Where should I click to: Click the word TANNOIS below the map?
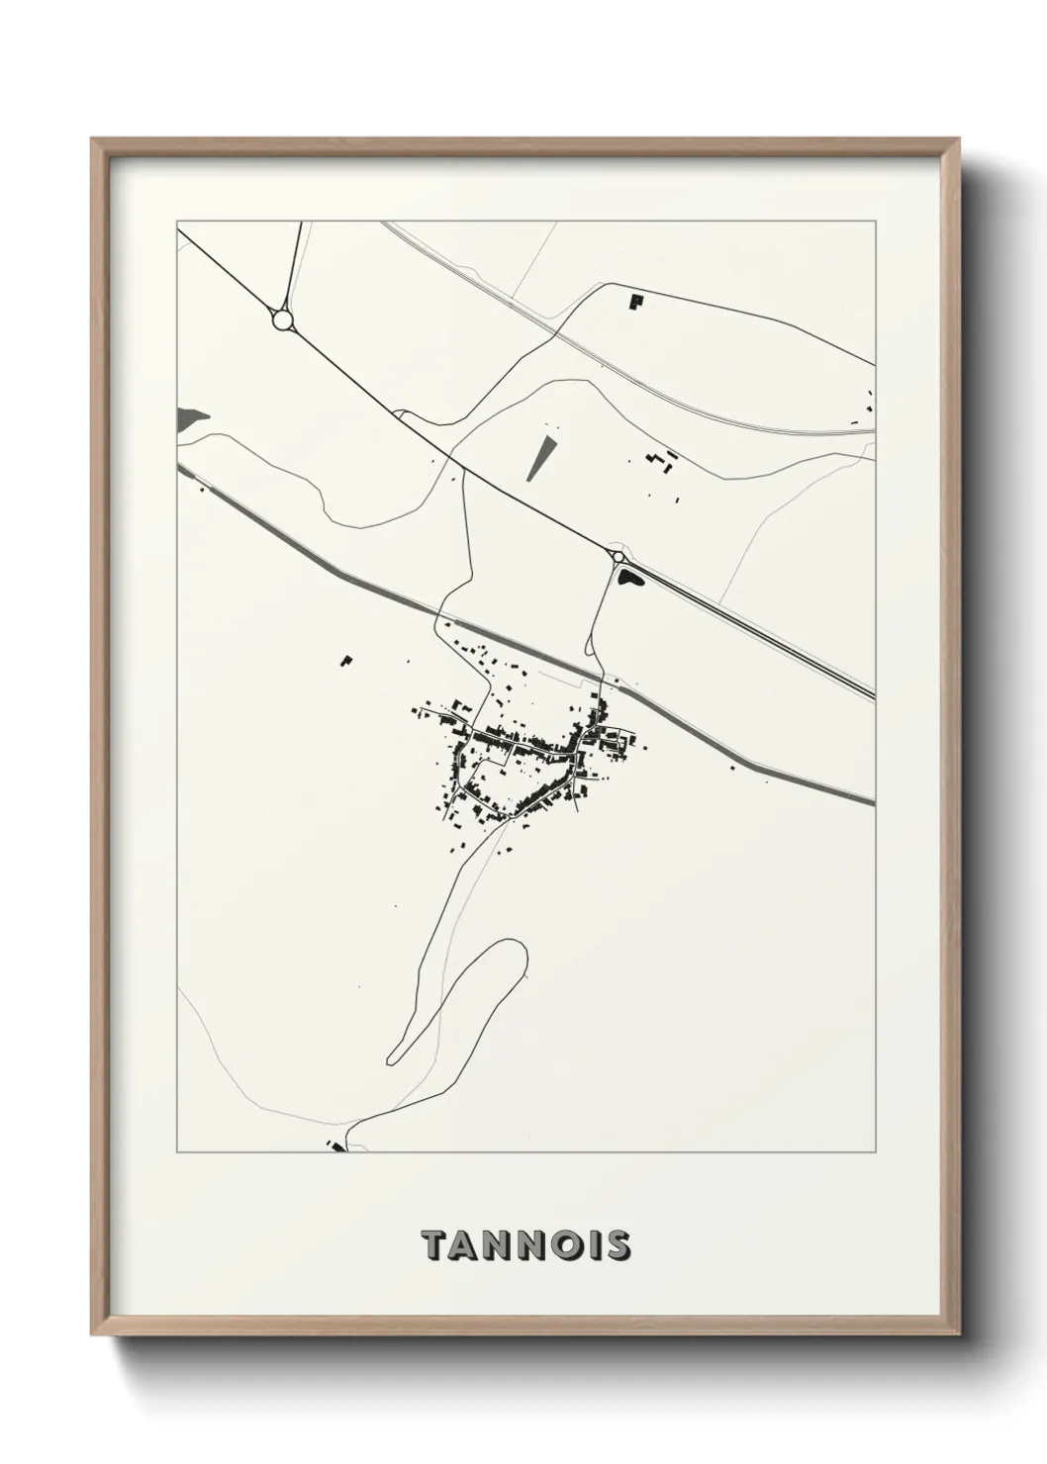[x=525, y=1245]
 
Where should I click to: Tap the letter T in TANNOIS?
[x=431, y=1245]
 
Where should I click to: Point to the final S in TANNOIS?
[x=618, y=1245]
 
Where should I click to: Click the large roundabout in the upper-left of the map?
[x=282, y=320]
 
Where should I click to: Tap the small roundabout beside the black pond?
[x=619, y=558]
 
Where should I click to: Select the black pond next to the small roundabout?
[x=629, y=577]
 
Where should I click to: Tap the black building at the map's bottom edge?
[x=336, y=1145]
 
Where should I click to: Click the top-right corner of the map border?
[x=875, y=222]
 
